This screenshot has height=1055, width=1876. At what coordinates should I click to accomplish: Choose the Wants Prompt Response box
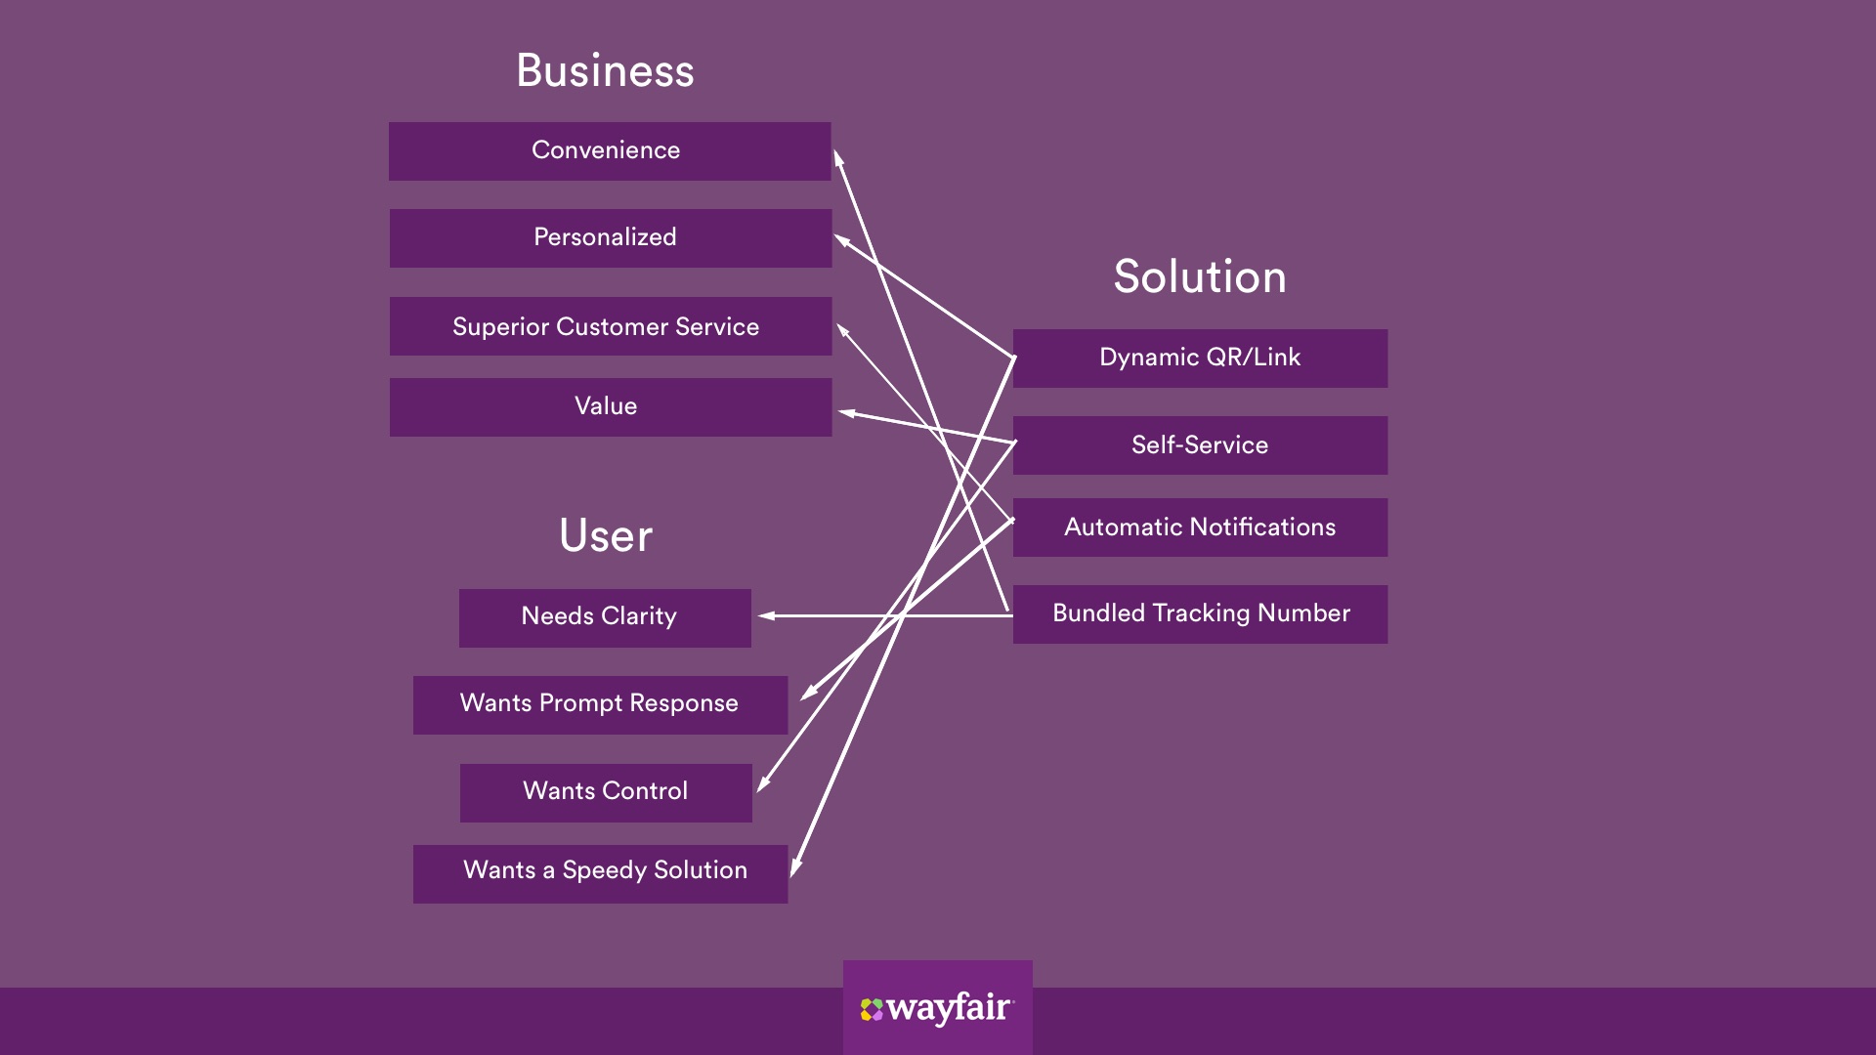[x=600, y=704]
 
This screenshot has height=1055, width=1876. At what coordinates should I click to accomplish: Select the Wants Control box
[x=606, y=792]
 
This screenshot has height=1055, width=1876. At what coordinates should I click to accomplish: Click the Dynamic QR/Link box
[x=1200, y=359]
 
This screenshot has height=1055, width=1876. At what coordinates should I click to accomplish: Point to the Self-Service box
[x=1200, y=445]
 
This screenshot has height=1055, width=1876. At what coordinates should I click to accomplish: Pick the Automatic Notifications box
[x=1200, y=527]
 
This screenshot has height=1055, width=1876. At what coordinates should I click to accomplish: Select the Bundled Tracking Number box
[x=1200, y=613]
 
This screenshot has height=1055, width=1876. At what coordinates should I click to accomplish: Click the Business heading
[x=605, y=71]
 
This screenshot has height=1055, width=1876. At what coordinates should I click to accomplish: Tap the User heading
[x=606, y=536]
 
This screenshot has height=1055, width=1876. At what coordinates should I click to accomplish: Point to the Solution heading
[x=1200, y=277]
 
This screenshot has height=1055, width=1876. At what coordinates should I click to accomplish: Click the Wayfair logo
[x=937, y=1008]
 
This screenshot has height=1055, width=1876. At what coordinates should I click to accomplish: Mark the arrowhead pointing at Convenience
[x=837, y=157]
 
